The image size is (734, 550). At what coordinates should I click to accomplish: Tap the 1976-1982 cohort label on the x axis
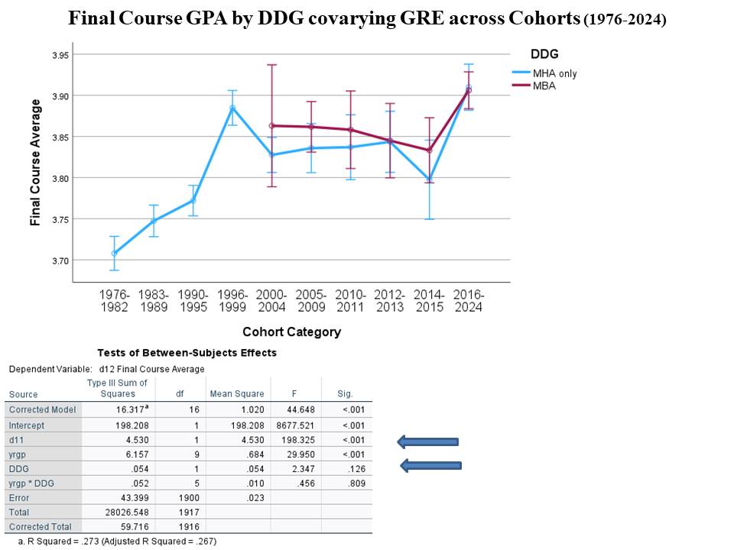pos(115,300)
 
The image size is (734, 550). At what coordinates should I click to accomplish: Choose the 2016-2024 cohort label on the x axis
pos(469,300)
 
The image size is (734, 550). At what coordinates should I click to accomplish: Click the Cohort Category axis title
pos(291,332)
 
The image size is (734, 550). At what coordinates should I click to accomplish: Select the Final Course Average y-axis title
pos(35,162)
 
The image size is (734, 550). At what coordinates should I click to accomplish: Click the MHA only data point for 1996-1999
pos(232,108)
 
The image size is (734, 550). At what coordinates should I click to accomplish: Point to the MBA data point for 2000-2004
pos(271,125)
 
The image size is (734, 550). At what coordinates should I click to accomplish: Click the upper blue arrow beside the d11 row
pos(427,441)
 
